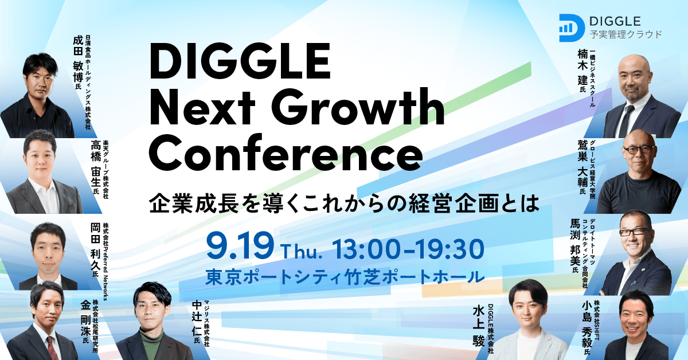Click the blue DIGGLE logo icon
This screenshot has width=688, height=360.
coord(571,26)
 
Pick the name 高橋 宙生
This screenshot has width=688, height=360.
coord(95,166)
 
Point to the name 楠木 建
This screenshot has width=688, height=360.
coord(584,72)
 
